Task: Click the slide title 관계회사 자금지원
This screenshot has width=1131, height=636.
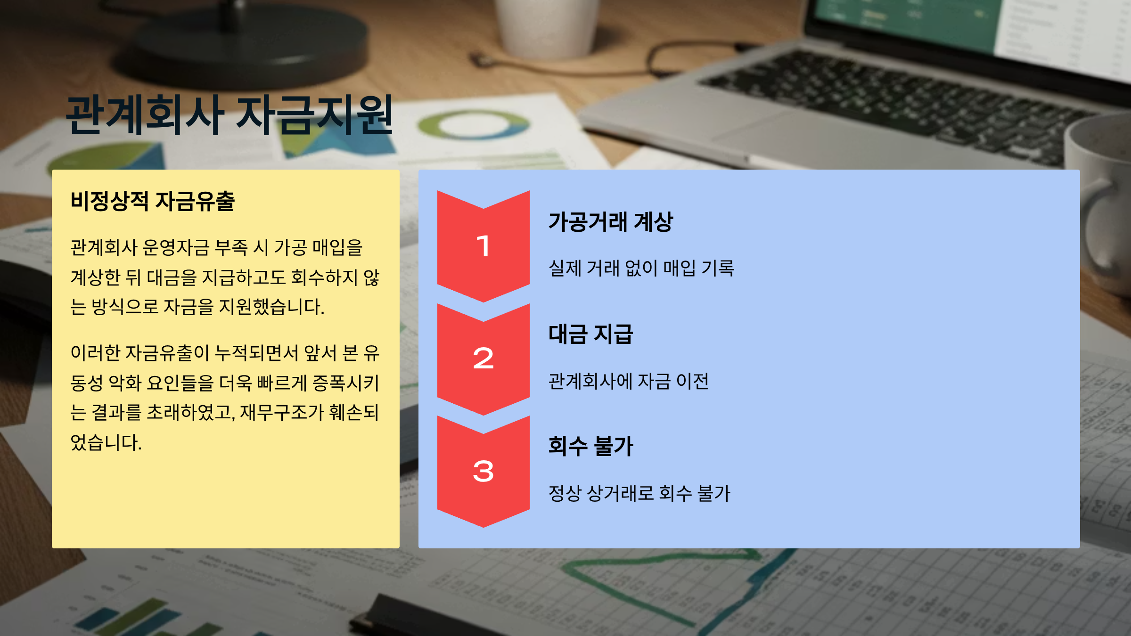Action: tap(229, 114)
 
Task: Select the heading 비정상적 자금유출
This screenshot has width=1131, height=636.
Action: tap(152, 201)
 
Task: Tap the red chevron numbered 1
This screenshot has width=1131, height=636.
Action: tap(484, 246)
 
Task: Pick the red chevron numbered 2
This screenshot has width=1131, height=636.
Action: tap(484, 359)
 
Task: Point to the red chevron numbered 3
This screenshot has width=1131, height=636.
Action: tap(484, 472)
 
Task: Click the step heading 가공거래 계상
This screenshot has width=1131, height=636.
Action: tap(611, 222)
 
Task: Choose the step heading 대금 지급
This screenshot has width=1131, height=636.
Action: tap(590, 334)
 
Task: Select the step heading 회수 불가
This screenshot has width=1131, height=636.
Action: tap(591, 446)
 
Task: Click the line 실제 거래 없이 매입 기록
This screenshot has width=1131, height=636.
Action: tap(641, 268)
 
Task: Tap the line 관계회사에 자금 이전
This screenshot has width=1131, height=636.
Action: tap(629, 381)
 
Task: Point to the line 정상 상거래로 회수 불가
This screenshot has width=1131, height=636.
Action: tap(639, 493)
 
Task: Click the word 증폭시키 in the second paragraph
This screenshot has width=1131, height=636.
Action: tap(345, 383)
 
